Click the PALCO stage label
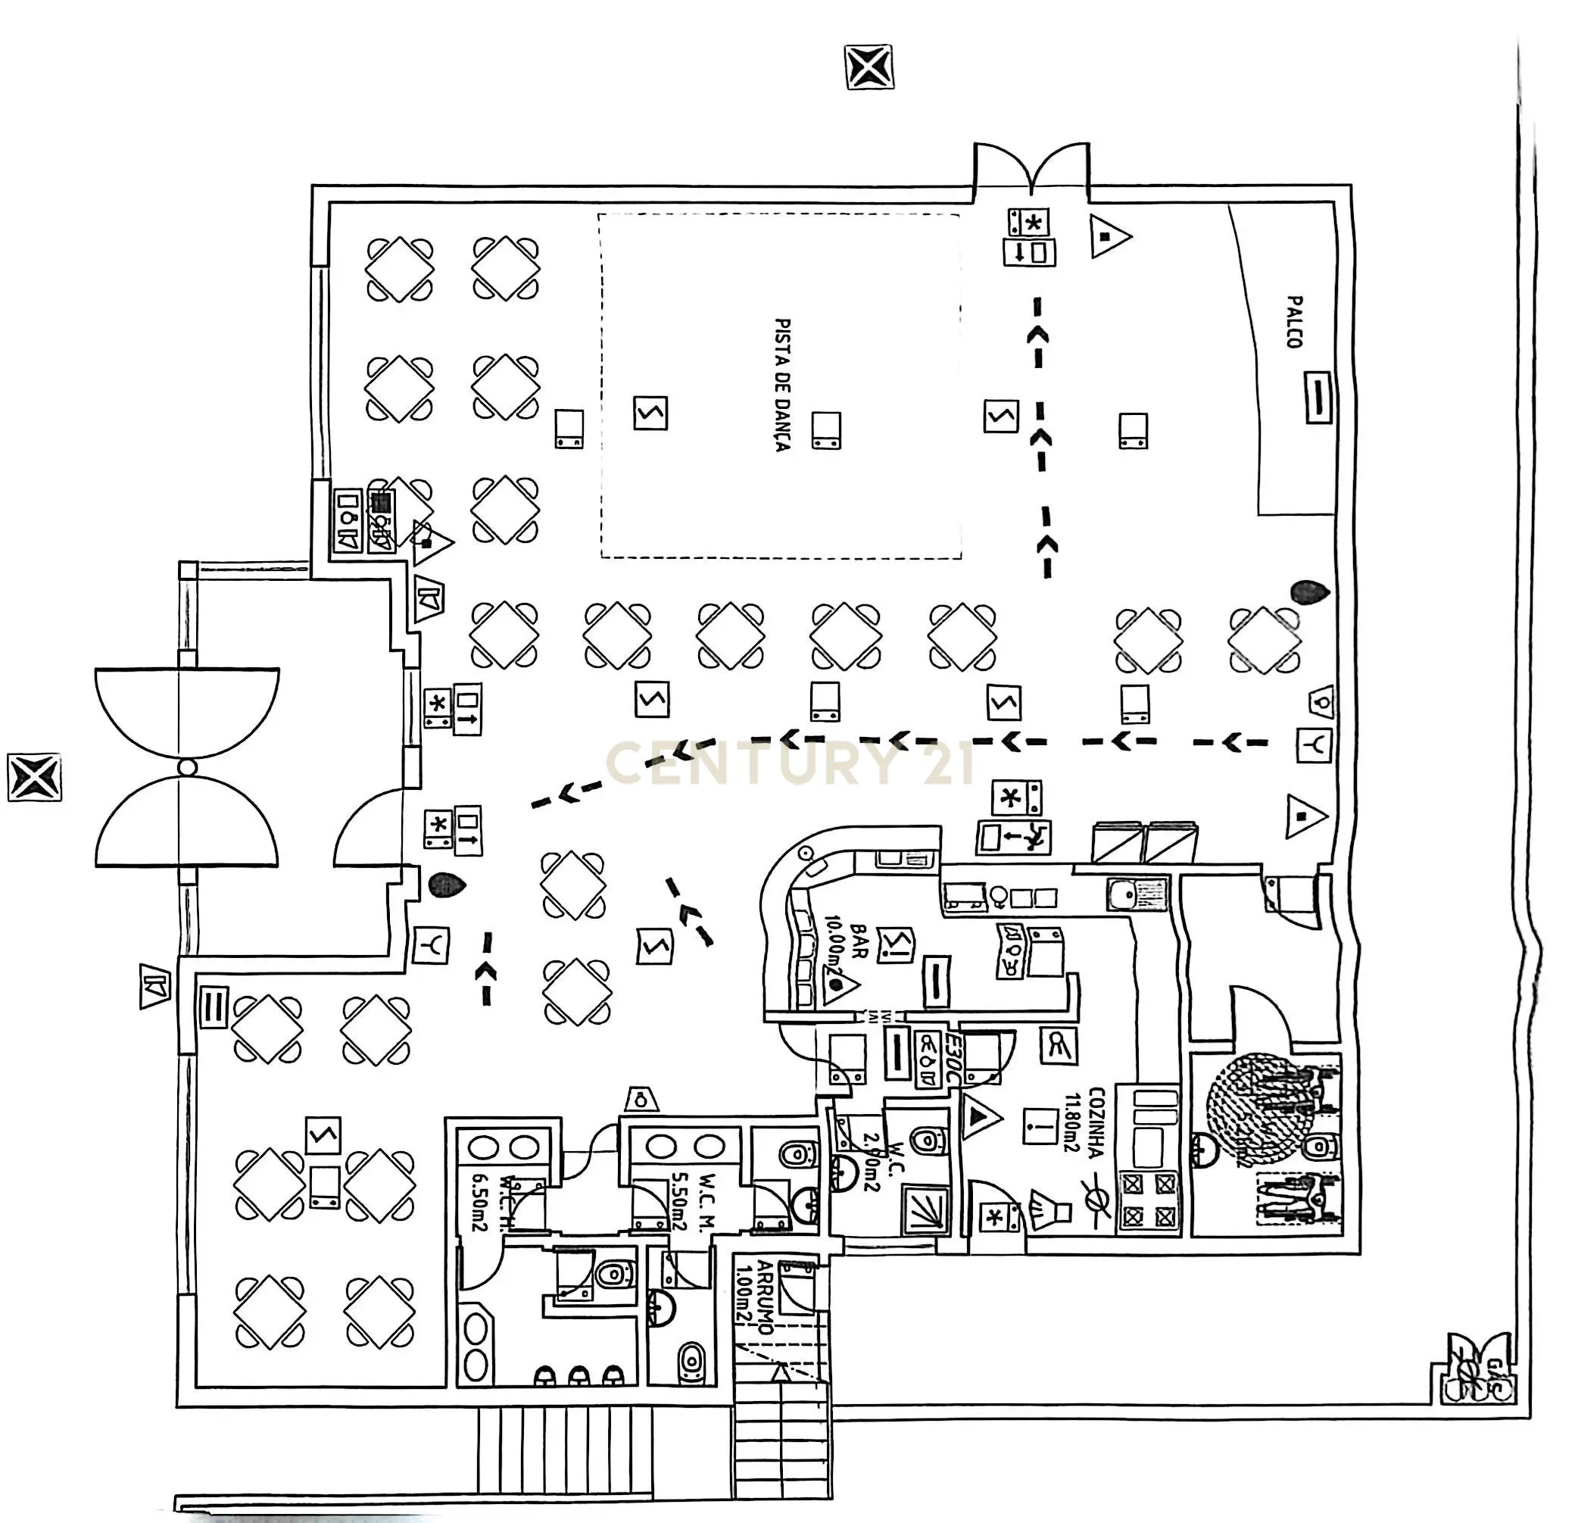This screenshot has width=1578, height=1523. [1294, 322]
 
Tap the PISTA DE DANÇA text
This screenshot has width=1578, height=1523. [781, 384]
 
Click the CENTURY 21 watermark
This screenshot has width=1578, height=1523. [789, 763]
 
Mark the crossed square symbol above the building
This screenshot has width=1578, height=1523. [869, 67]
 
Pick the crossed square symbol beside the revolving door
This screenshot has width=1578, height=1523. [35, 777]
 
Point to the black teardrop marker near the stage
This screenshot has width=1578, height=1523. [1309, 593]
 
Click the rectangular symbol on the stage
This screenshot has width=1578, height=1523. [1318, 396]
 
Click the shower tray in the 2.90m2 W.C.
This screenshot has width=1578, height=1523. [928, 1209]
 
